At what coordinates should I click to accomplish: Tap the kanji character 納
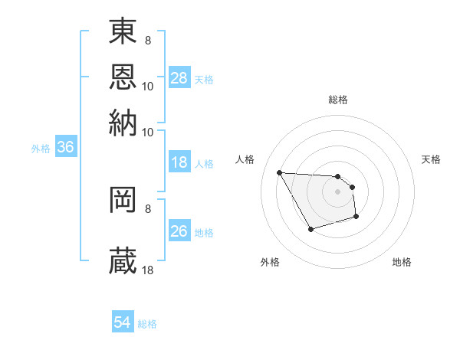point(123,121)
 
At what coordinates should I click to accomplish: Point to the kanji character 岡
point(123,200)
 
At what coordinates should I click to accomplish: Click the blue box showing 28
point(179,78)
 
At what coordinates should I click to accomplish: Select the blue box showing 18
point(179,162)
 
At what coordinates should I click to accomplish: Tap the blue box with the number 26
point(179,231)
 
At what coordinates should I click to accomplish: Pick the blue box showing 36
point(65,148)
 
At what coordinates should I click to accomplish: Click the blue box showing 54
point(123,323)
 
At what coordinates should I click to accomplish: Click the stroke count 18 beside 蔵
point(148,270)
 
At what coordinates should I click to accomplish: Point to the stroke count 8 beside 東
point(147,38)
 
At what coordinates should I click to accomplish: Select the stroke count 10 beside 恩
point(148,86)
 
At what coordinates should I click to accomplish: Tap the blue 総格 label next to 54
point(147,324)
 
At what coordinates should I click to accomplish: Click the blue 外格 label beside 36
point(41,149)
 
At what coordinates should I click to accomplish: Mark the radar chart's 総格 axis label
point(338,100)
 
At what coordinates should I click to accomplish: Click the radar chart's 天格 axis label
point(432,159)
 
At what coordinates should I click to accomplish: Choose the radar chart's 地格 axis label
point(402,262)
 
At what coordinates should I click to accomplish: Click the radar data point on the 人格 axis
point(280,172)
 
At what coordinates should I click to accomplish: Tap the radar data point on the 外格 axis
point(310,229)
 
